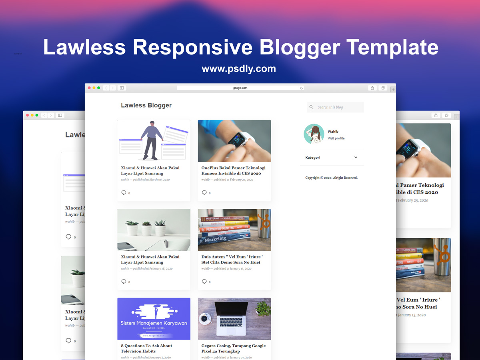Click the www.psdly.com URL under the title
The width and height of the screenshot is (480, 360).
coord(239,69)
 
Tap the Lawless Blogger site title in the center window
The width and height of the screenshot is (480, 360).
coord(146,105)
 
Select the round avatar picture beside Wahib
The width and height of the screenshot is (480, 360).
coord(314,134)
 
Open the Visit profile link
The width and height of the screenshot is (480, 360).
coord(336,138)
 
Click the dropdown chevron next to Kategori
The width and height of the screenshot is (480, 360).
coord(356,158)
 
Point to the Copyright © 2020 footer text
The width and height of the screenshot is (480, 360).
coord(331,178)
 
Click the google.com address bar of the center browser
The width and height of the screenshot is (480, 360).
coord(240,88)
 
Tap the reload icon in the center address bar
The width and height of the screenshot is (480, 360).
coord(302,88)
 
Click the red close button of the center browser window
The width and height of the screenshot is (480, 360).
coord(89,88)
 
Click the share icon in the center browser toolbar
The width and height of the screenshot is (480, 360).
coord(372,88)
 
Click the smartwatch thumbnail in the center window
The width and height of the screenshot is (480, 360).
coord(234,141)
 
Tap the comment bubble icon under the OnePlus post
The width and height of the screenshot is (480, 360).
coord(204,192)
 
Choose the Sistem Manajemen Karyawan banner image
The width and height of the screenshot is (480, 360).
coord(154,319)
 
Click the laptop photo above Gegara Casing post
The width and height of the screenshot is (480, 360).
coord(234,319)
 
